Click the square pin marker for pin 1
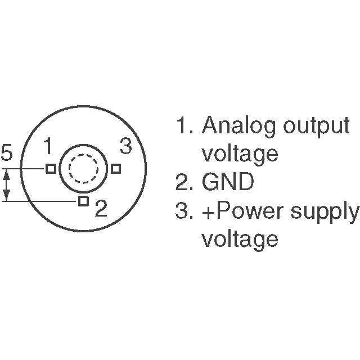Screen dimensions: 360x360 pyautogui.click(x=51, y=168)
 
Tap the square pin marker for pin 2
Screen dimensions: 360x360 pyautogui.click(x=83, y=201)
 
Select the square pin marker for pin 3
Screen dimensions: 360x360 pyautogui.click(x=116, y=168)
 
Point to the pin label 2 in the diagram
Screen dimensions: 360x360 pyautogui.click(x=101, y=209)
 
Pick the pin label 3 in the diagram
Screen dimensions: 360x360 pyautogui.click(x=125, y=147)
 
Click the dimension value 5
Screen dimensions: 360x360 pyautogui.click(x=7, y=153)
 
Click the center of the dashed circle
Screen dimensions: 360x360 pyautogui.click(x=83, y=168)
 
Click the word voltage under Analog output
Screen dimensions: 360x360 pyautogui.click(x=240, y=154)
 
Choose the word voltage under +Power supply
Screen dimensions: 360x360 pyautogui.click(x=240, y=240)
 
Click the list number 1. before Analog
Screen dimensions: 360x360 pyautogui.click(x=184, y=125)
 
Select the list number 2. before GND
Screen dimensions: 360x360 pyautogui.click(x=184, y=182)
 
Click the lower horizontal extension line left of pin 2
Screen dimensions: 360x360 pyautogui.click(x=39, y=201)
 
